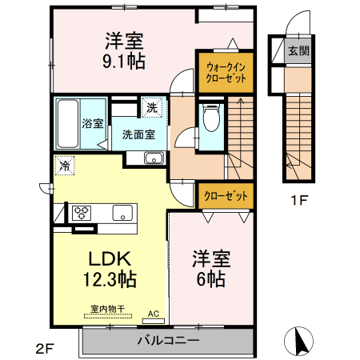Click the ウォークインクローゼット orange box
coord(225,71)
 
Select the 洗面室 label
coord(138,135)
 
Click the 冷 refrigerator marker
coord(63,166)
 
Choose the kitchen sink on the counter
coord(122,213)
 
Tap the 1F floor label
coord(298,200)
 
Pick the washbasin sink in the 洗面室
coord(154,158)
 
